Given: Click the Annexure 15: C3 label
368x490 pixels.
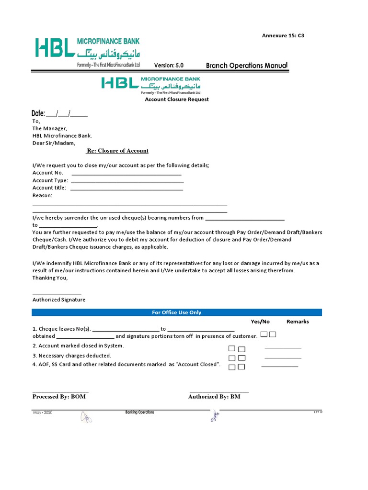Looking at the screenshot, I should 283,35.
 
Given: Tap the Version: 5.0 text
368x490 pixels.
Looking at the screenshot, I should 169,66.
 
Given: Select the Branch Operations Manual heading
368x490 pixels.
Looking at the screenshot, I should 247,66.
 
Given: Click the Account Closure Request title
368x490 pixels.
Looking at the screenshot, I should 177,100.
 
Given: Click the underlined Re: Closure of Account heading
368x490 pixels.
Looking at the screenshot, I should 117,151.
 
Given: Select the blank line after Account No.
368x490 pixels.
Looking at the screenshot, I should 126,173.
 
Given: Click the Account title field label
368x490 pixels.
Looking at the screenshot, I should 49,188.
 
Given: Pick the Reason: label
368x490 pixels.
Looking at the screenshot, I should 43,195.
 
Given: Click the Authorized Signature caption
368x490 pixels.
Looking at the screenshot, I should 59,300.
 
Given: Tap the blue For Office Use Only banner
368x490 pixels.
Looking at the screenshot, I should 177,312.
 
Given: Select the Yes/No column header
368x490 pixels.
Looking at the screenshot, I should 260,322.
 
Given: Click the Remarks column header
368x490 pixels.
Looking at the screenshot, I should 298,322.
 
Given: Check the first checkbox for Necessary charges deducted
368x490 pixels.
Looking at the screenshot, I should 232,358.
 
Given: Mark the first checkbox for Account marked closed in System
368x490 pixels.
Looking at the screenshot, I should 232,349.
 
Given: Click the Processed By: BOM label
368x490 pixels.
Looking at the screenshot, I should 59,397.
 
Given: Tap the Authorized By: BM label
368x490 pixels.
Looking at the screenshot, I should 214,397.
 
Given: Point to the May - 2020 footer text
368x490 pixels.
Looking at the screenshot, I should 43,412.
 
